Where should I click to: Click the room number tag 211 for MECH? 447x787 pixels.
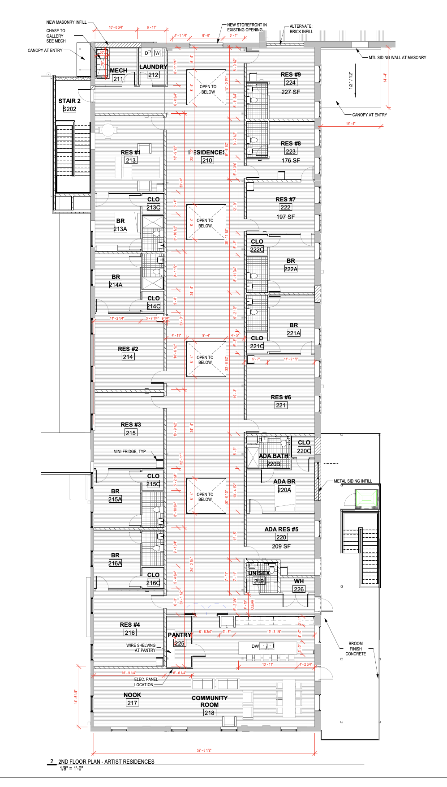118,79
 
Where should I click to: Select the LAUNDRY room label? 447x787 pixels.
153,67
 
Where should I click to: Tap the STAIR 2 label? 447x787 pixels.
69,101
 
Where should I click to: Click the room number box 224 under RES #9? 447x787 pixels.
291,82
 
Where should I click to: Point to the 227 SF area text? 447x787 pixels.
291,92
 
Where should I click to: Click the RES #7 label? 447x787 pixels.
285,199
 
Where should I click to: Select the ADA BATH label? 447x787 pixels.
274,456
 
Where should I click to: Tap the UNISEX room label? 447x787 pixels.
259,573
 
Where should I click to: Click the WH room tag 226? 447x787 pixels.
299,589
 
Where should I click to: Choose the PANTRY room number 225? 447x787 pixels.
180,643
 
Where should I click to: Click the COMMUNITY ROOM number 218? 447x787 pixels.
209,713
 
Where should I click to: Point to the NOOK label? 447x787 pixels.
132,695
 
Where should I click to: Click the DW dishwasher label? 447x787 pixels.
255,646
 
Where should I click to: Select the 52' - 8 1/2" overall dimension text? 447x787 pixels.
204,750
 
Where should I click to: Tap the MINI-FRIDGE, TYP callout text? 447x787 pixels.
129,451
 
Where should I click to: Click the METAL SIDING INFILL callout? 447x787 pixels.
352,481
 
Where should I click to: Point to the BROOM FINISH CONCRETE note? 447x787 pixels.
356,649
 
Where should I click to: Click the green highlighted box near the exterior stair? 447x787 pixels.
367,498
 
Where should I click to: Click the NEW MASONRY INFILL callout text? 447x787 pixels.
66,22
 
